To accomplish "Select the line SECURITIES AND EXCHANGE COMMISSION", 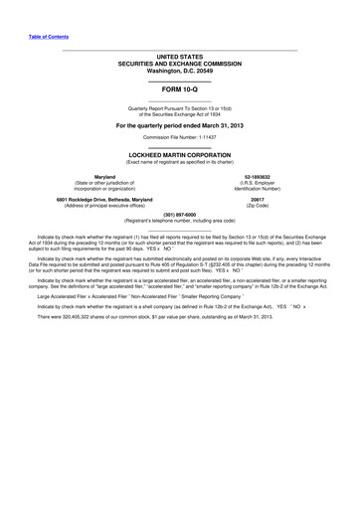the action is pos(180,65).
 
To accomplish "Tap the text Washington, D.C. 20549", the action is pos(180,73).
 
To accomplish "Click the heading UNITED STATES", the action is pos(180,57).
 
